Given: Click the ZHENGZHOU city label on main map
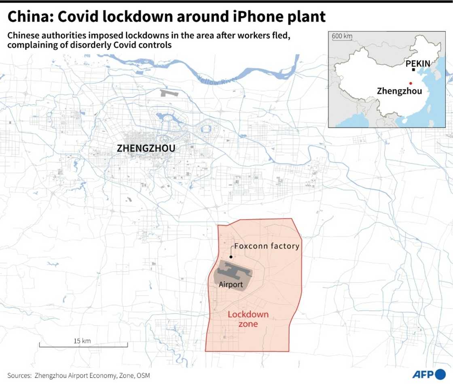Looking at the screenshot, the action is (x=146, y=148).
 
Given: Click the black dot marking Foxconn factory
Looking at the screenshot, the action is (x=231, y=256).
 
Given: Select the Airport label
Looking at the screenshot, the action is (x=231, y=285).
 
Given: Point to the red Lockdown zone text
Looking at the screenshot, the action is (x=243, y=319).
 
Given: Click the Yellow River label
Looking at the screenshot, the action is (x=214, y=81).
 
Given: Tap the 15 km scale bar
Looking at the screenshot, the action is (x=83, y=345).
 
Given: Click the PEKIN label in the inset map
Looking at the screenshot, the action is (x=418, y=63).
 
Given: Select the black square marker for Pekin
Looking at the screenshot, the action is (x=413, y=70).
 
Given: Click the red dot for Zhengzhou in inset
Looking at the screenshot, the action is (x=411, y=83).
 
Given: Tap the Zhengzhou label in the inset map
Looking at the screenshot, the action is (x=399, y=91).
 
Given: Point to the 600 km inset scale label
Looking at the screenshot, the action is (x=342, y=36).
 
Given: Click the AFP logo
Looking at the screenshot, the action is (x=429, y=374).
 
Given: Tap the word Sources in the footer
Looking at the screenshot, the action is (x=19, y=375).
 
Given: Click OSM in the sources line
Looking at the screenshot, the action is (x=143, y=375).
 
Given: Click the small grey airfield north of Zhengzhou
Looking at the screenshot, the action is (x=169, y=93).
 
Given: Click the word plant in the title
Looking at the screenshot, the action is (x=307, y=17).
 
